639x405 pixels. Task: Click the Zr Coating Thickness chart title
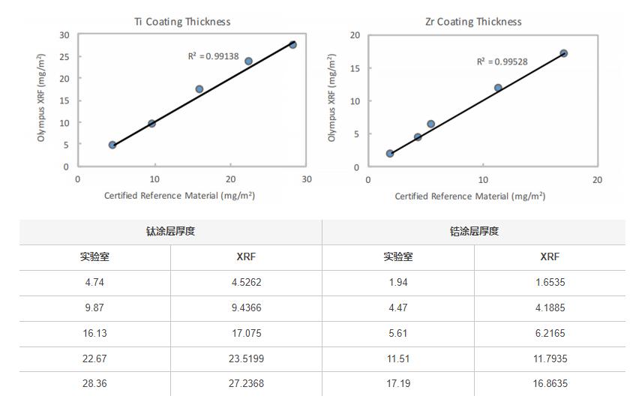pyautogui.click(x=472, y=22)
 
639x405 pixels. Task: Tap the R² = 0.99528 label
pyautogui.click(x=502, y=61)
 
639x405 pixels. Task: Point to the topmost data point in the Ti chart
pyautogui.click(x=292, y=45)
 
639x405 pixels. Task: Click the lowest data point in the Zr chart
pyautogui.click(x=390, y=154)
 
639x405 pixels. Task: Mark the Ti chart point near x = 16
pyautogui.click(x=199, y=89)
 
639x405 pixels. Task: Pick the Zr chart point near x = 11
pyautogui.click(x=498, y=88)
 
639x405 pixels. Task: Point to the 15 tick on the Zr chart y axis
pyautogui.click(x=355, y=68)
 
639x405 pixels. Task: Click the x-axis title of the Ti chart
pyautogui.click(x=179, y=196)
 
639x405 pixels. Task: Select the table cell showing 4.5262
pyautogui.click(x=246, y=283)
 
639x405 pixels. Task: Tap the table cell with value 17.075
pyautogui.click(x=246, y=334)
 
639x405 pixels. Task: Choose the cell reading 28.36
pyautogui.click(x=95, y=383)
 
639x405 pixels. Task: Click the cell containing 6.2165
pyautogui.click(x=550, y=334)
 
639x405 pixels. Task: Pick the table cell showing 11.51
pyautogui.click(x=397, y=359)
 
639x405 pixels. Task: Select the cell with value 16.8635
pyautogui.click(x=550, y=383)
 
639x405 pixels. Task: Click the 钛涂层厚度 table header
pyautogui.click(x=170, y=231)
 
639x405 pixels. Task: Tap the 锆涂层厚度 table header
pyautogui.click(x=473, y=231)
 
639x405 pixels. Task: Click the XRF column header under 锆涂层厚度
pyautogui.click(x=550, y=256)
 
